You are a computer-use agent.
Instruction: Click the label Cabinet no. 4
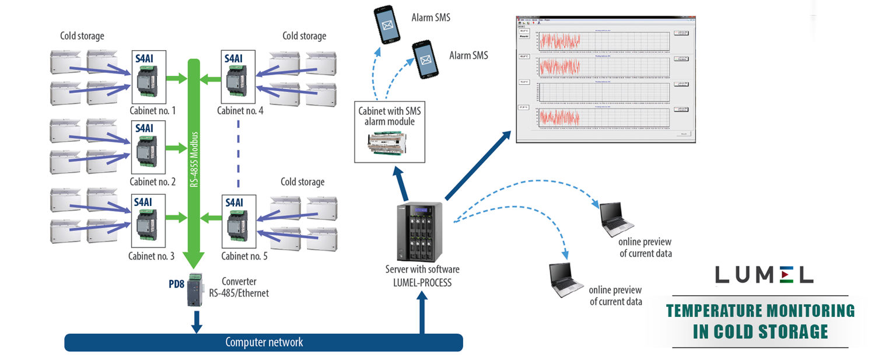tap(240, 110)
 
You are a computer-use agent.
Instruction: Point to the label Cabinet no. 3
tap(152, 256)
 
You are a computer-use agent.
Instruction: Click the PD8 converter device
tap(195, 291)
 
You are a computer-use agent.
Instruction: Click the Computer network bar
tap(264, 342)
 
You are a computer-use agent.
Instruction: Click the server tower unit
tap(419, 232)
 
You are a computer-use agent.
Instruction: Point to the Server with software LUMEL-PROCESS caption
tap(422, 275)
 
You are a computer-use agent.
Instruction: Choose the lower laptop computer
tap(565, 279)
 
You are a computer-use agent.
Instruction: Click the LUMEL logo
tap(764, 274)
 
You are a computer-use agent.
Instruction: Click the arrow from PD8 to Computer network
tap(197, 321)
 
